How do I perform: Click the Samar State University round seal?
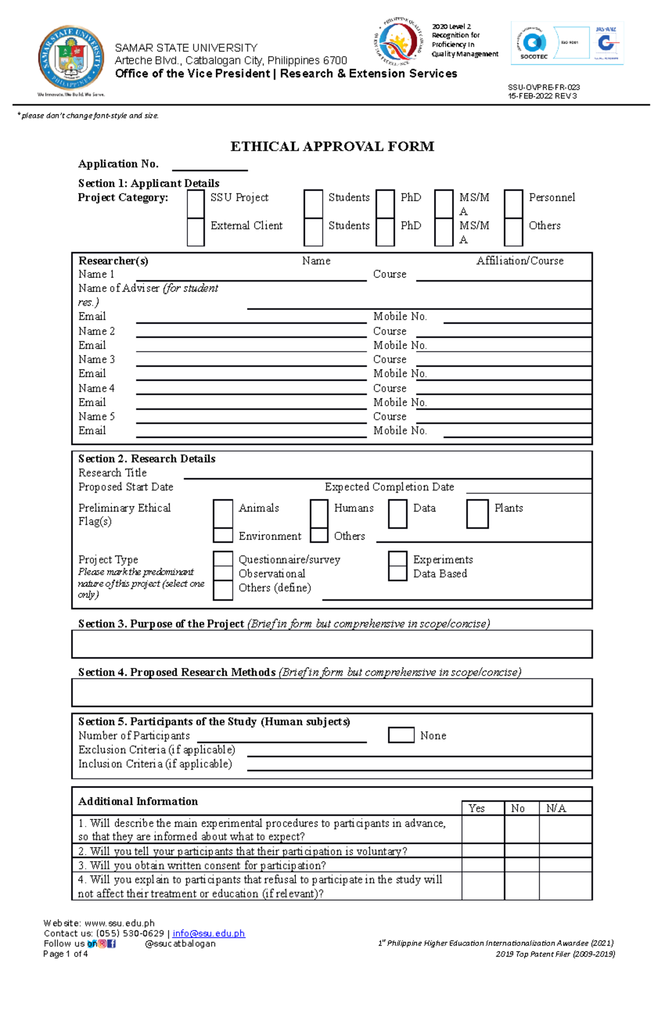point(71,58)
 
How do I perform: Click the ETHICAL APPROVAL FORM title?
point(332,146)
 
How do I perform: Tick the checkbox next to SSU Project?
point(196,203)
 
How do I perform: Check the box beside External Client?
point(196,232)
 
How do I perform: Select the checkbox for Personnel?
point(513,203)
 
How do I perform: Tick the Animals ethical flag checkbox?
point(223,514)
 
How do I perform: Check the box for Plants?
point(477,514)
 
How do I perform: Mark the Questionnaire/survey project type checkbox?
point(223,558)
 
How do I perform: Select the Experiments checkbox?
point(397,558)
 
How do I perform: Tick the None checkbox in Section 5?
point(401,735)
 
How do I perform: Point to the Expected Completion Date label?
point(389,487)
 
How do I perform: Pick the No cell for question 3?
point(521,865)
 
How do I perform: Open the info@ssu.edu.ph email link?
point(208,933)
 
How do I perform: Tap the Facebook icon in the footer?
point(111,943)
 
